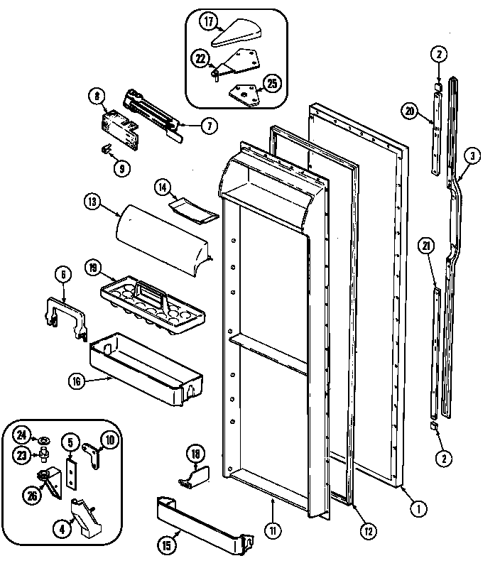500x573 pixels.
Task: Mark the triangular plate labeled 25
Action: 242,91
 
